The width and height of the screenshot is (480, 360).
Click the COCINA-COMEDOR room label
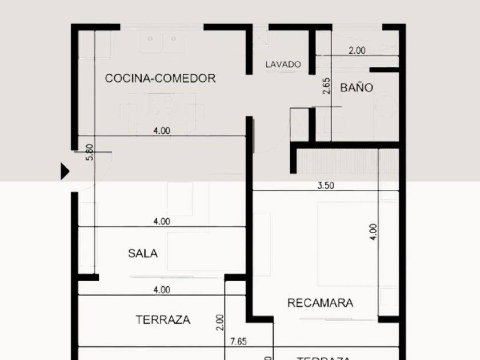tap(160, 78)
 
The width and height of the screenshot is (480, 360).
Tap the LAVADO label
tap(283, 65)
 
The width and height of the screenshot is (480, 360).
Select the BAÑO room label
tap(357, 87)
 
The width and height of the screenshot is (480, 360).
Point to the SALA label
tap(143, 254)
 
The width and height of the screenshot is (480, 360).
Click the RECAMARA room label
tap(320, 303)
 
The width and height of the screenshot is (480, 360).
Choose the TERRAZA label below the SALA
tap(163, 320)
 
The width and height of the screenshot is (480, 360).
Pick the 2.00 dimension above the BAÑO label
tap(357, 50)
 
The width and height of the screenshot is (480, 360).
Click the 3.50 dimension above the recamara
tap(325, 185)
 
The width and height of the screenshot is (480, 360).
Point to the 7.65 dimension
tap(238, 342)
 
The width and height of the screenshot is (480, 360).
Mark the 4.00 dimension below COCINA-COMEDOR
tap(162, 130)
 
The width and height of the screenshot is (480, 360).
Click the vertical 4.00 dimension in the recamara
tap(373, 230)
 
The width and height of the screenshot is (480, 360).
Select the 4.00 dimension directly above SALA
tap(162, 221)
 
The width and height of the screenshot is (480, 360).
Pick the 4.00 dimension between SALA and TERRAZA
tap(162, 290)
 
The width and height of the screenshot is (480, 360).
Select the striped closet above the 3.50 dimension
tap(337, 161)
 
